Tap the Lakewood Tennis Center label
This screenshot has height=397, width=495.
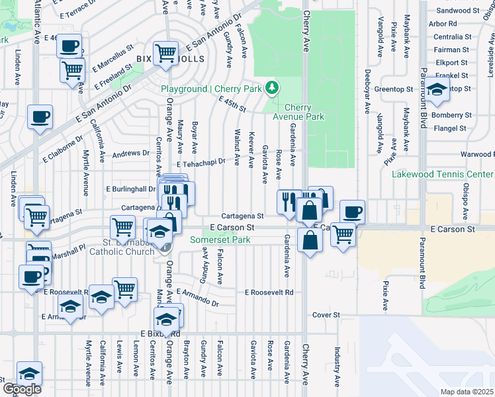443,174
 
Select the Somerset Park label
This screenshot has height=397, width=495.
220,240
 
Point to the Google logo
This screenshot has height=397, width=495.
21,389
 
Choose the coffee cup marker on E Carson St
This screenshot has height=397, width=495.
352,212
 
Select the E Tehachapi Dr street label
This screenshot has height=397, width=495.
201,161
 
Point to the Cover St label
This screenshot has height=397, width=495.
326,315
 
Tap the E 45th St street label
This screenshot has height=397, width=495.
232,104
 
